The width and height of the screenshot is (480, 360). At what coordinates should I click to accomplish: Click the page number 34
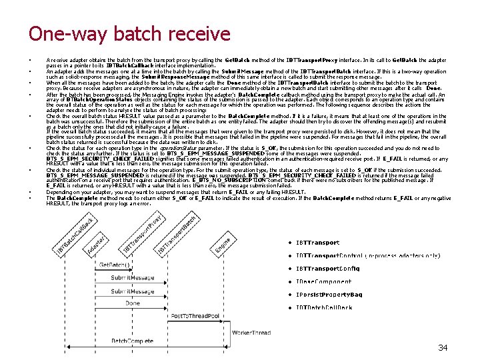click(443, 347)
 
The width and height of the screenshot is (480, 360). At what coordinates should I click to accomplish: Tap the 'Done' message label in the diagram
click(133, 303)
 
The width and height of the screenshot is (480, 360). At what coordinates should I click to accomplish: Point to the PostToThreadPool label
click(194, 315)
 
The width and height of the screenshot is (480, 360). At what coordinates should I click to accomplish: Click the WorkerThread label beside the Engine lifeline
click(251, 331)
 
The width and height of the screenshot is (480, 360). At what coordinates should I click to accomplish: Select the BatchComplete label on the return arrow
click(132, 341)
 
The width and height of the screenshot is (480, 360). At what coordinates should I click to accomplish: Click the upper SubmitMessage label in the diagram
click(130, 277)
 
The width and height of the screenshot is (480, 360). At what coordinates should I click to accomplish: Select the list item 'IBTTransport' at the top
click(318, 243)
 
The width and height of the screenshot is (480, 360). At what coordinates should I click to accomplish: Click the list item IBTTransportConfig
click(327, 269)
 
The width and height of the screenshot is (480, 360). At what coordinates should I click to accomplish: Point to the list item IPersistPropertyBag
click(329, 295)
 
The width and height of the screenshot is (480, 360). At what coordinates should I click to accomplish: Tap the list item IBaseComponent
click(323, 282)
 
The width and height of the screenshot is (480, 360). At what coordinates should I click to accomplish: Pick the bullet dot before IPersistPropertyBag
click(291, 295)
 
